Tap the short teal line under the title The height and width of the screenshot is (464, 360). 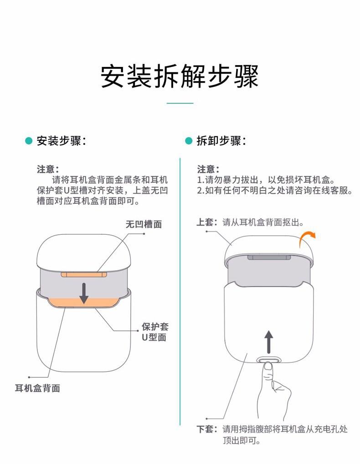point(180,103)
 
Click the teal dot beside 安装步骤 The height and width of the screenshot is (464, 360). point(29,141)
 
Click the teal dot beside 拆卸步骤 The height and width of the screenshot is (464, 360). point(189,141)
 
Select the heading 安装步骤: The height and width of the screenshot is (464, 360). point(61,141)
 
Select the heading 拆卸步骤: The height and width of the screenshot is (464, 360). point(221,141)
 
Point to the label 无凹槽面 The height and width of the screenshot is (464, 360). point(144,224)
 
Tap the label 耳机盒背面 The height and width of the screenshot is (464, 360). point(37,388)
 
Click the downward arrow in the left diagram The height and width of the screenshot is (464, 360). point(84,293)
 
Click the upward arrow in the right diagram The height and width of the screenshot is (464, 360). point(268,342)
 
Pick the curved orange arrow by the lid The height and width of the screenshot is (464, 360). point(307,239)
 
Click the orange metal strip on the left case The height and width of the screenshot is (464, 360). point(84,274)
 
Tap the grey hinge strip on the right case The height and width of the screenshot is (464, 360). point(269,257)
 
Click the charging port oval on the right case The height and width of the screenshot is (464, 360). point(268,360)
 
